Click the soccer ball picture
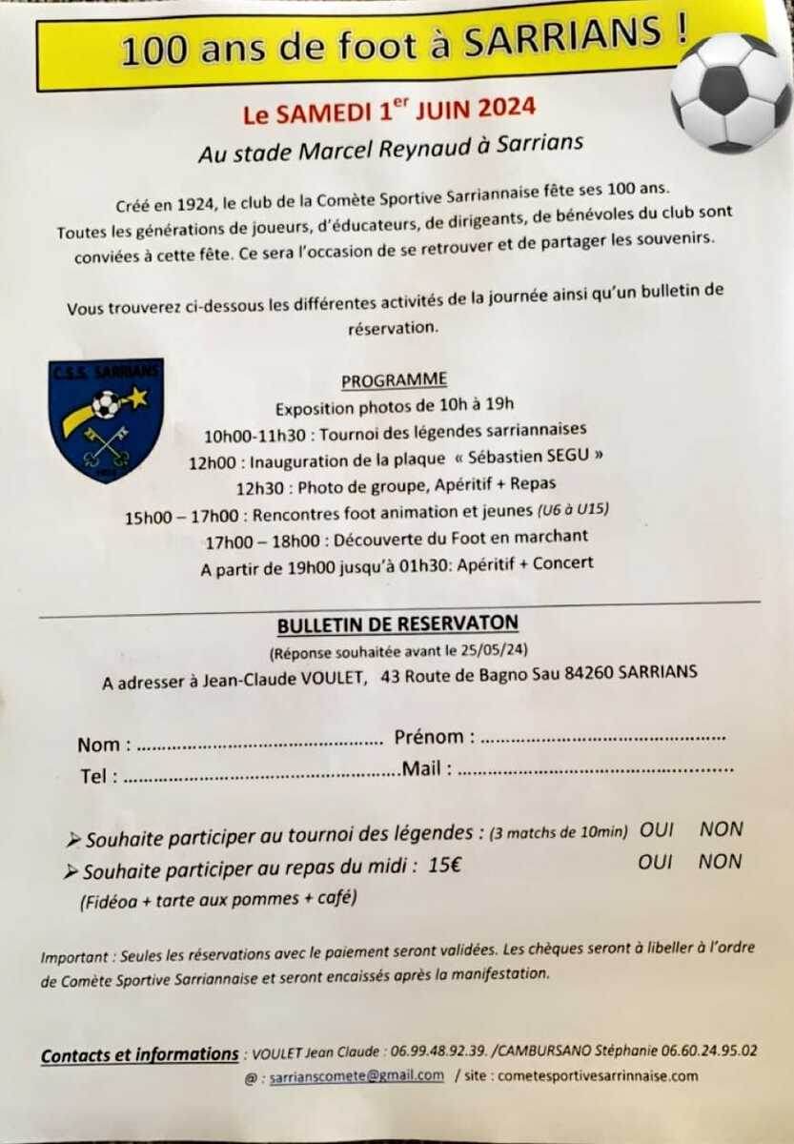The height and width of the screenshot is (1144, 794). [730, 92]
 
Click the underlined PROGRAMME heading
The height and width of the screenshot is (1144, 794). [394, 379]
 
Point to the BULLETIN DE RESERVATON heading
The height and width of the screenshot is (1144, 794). [397, 624]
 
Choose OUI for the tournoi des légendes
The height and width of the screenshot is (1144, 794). [657, 830]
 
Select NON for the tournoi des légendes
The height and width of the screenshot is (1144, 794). [721, 829]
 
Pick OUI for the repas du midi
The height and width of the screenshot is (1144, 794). [656, 862]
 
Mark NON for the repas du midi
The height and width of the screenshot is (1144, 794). [720, 862]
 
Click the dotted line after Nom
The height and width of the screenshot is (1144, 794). [255, 745]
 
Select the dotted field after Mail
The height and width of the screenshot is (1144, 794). [596, 768]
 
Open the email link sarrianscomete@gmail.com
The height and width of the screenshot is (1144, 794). [356, 1076]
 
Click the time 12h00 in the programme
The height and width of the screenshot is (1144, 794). [210, 462]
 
